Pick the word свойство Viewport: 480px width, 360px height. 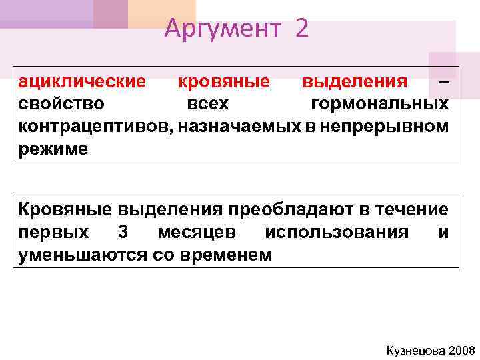[61, 104]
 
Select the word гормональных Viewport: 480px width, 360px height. [379, 104]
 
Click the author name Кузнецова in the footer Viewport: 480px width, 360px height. [414, 350]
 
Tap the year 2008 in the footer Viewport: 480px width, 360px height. [460, 350]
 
